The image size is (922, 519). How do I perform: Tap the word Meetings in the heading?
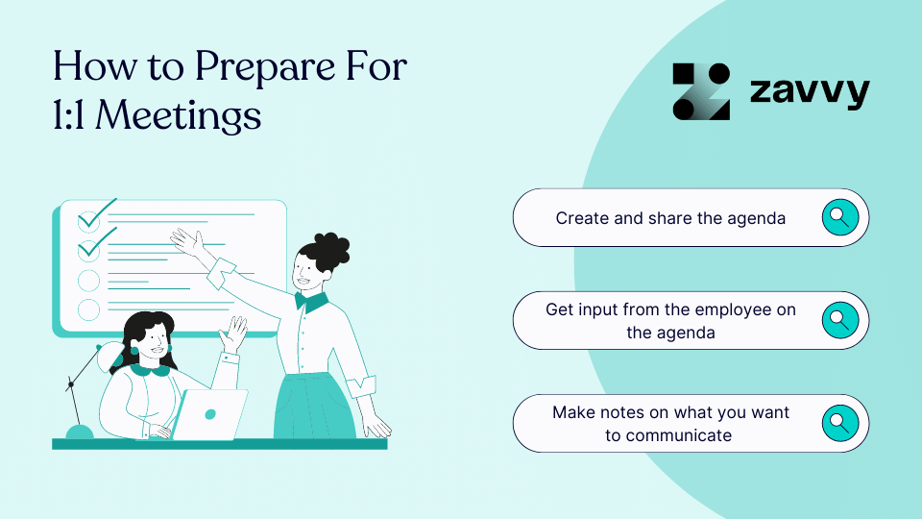pos(180,114)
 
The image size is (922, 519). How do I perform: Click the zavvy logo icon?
pos(701,92)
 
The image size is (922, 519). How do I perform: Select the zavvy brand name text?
pos(809,92)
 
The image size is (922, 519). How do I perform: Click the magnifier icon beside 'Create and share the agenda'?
pos(838,217)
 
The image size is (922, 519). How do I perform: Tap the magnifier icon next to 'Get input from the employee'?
pos(838,320)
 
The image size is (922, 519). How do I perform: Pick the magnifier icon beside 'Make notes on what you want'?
pos(838,423)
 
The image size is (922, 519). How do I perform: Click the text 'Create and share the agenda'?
pos(670,218)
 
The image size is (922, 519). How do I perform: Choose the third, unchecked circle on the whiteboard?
pos(88,280)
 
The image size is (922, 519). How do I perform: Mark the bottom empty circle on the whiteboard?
pos(88,309)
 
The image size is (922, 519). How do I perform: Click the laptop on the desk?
pos(212,414)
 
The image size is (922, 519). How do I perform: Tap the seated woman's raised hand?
pos(233,334)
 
